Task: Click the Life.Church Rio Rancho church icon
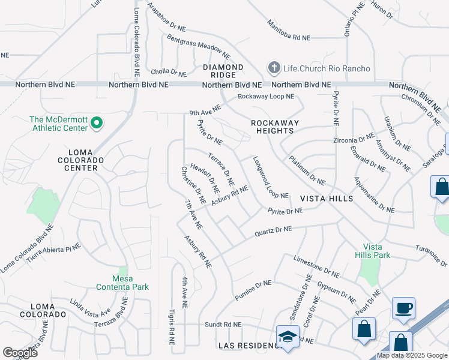(x=274, y=68)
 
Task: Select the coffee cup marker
(x=403, y=309)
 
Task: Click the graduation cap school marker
(x=288, y=337)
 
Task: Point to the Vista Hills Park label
(x=376, y=251)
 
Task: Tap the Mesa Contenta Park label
(x=122, y=283)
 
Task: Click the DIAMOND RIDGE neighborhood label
(x=223, y=71)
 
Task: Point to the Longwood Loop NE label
(x=271, y=178)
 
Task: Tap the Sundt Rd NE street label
(x=221, y=324)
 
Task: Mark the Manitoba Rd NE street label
(x=289, y=30)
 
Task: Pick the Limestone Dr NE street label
(x=316, y=266)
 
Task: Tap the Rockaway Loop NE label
(x=266, y=97)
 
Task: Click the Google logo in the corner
(x=20, y=353)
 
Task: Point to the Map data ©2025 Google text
(x=412, y=355)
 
